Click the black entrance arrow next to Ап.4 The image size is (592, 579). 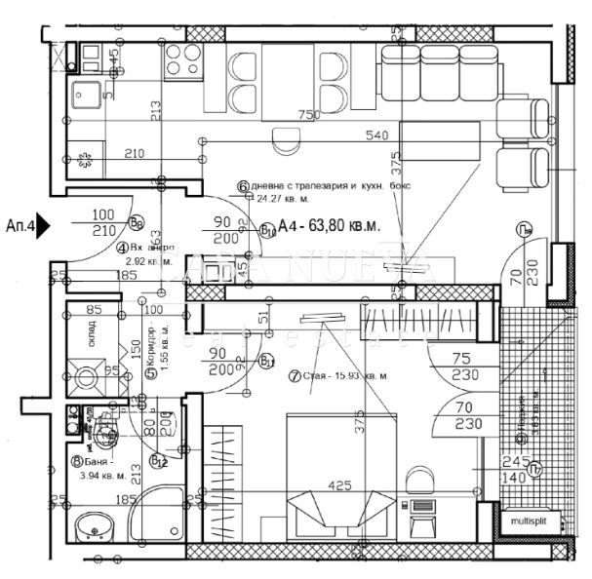click(x=45, y=228)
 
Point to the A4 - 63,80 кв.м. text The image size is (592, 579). click(x=328, y=227)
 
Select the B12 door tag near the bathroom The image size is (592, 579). click(x=158, y=460)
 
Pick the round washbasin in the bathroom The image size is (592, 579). click(x=96, y=526)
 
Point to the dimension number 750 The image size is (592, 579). click(x=308, y=115)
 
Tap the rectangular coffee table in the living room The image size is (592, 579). click(x=439, y=141)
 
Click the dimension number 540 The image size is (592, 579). click(x=376, y=135)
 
